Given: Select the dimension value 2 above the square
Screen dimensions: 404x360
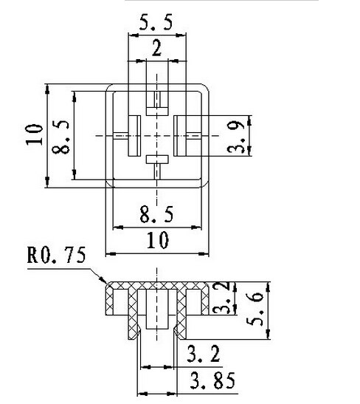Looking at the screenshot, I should coord(156,49).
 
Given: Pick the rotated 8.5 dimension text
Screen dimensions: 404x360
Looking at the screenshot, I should coord(60,134).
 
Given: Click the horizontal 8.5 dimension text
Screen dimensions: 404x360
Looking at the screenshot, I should coord(156,216).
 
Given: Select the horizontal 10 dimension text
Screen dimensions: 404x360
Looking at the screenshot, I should coord(156,240).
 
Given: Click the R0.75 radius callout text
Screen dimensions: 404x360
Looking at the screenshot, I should coord(56,257).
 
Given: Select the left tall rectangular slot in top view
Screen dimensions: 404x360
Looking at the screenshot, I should coord(133,136).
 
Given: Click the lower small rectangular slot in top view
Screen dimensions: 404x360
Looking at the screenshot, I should coord(156,160).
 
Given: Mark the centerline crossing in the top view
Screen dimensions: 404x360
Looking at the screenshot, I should coord(156,136).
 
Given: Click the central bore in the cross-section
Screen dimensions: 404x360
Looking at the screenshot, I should coord(156,311).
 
